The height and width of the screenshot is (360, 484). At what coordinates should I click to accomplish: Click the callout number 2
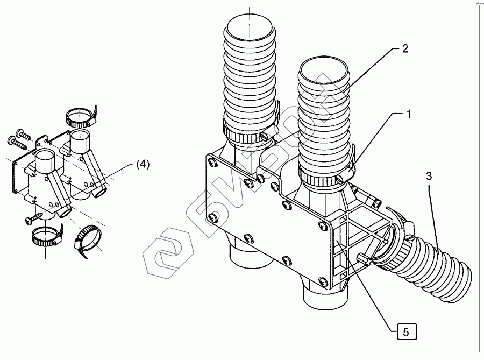(404, 48)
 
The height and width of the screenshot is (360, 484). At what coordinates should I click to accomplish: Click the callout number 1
(409, 114)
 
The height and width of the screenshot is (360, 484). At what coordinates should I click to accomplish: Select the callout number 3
(429, 177)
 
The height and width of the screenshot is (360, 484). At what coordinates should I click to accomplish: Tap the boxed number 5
(406, 332)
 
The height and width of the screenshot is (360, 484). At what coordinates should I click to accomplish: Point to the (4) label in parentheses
(143, 164)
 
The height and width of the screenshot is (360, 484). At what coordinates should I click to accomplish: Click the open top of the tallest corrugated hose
(249, 29)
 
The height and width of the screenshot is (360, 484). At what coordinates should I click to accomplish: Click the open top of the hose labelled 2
(324, 70)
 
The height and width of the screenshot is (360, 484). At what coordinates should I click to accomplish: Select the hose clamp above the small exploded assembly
(81, 118)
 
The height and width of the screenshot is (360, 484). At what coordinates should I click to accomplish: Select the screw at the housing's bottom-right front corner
(323, 281)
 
